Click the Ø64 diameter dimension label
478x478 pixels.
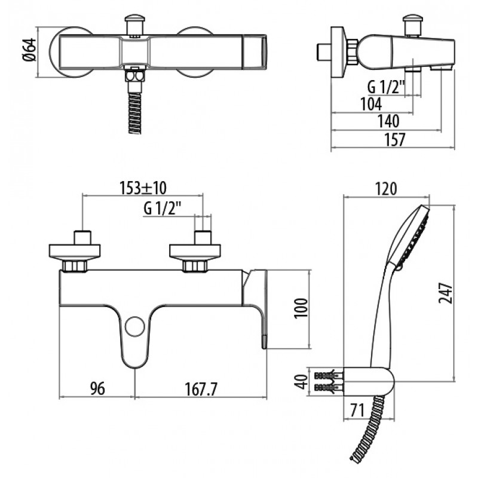[x=29, y=50]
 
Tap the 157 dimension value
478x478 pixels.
[x=395, y=139]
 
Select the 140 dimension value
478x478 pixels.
[x=389, y=121]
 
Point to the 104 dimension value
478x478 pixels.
[x=371, y=104]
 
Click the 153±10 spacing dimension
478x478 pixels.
[x=143, y=188]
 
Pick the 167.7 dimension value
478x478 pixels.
[x=201, y=389]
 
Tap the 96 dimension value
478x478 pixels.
[x=97, y=389]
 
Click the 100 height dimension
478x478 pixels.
[x=301, y=308]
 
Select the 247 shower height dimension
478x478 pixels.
[x=445, y=293]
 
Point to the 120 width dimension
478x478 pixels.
[x=385, y=189]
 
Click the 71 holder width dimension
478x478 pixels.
[x=357, y=410]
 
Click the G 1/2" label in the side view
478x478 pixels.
[x=386, y=87]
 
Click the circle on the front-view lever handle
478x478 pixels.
[x=135, y=326]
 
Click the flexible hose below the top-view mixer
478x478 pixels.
[x=135, y=113]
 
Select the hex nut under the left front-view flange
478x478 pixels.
[x=75, y=266]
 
